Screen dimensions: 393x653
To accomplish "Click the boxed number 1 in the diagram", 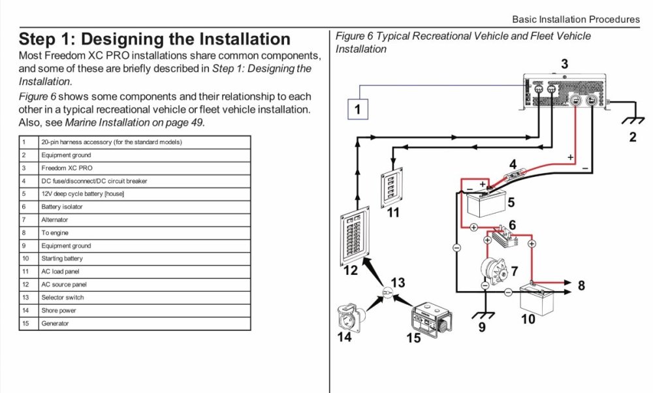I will point(357,109).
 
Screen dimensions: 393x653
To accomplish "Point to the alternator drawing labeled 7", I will point(487,269).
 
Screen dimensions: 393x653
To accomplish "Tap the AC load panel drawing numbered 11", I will point(392,189).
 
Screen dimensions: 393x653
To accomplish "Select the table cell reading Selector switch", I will point(63,298).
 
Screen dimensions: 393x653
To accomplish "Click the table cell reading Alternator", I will point(55,220).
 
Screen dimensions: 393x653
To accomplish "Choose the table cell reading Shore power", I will point(59,311).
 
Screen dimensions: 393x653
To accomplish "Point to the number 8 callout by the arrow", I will point(581,285).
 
